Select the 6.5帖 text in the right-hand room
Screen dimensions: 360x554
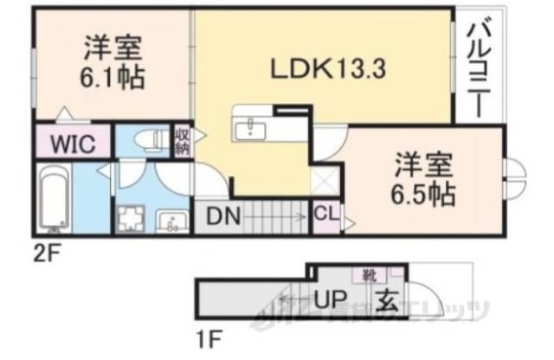(426, 192)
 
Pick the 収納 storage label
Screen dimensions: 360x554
(183, 139)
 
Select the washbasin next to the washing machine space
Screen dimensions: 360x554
(172, 222)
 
